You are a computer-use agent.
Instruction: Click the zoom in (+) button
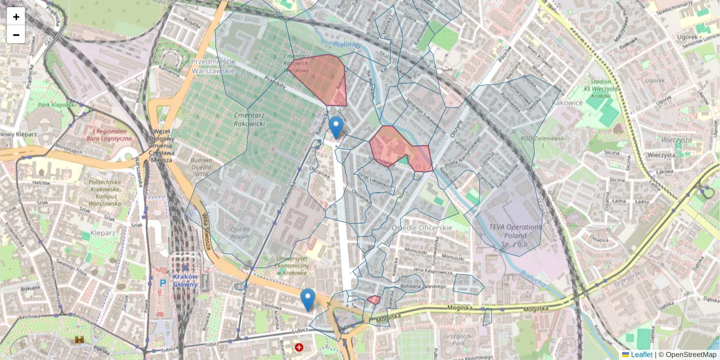pyautogui.click(x=16, y=17)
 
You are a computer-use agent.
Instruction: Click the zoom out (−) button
pyautogui.click(x=16, y=35)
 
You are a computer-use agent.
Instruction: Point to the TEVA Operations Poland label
pyautogui.click(x=515, y=232)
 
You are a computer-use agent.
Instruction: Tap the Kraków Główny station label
pyautogui.click(x=185, y=280)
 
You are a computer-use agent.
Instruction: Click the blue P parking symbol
pyautogui.click(x=162, y=283)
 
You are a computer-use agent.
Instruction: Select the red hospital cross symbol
pyautogui.click(x=299, y=347)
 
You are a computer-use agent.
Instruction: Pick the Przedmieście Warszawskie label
pyautogui.click(x=212, y=66)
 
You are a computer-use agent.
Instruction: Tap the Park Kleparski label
pyautogui.click(x=56, y=104)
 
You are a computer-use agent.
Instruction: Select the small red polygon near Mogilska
pyautogui.click(x=374, y=299)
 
